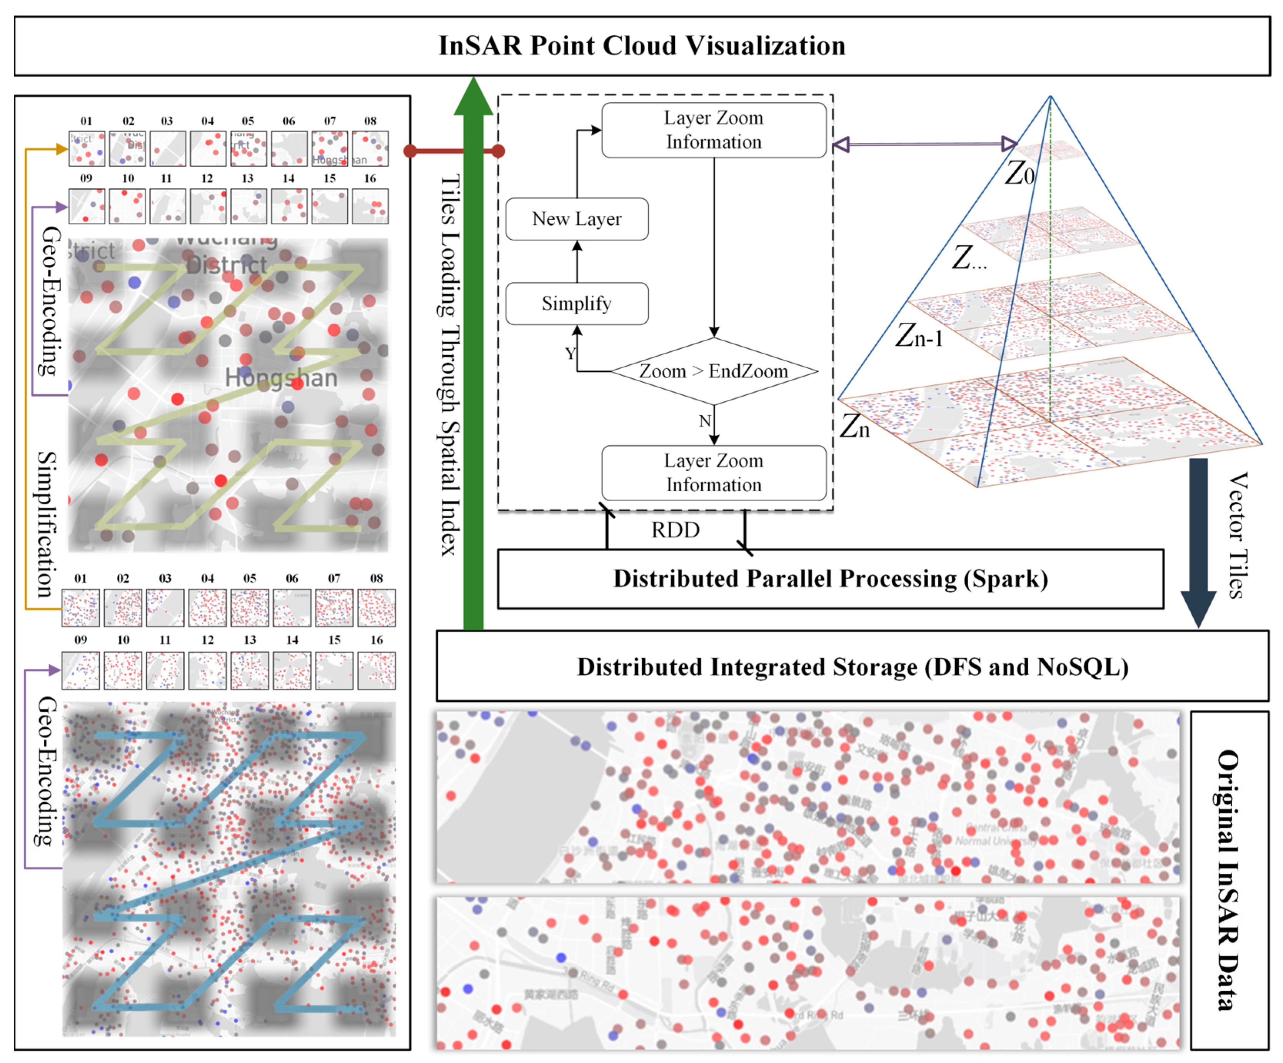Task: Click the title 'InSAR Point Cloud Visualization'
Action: (x=642, y=46)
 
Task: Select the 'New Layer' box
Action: (x=577, y=219)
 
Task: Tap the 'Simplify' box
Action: (x=577, y=303)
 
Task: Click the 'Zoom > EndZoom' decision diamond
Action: (x=714, y=371)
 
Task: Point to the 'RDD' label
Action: (x=675, y=530)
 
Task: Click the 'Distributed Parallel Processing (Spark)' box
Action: (x=830, y=579)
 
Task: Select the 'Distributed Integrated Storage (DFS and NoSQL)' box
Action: (x=852, y=666)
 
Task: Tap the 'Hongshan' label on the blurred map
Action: (x=281, y=378)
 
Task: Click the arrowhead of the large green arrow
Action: (x=474, y=98)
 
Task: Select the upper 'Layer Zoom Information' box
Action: (x=714, y=130)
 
